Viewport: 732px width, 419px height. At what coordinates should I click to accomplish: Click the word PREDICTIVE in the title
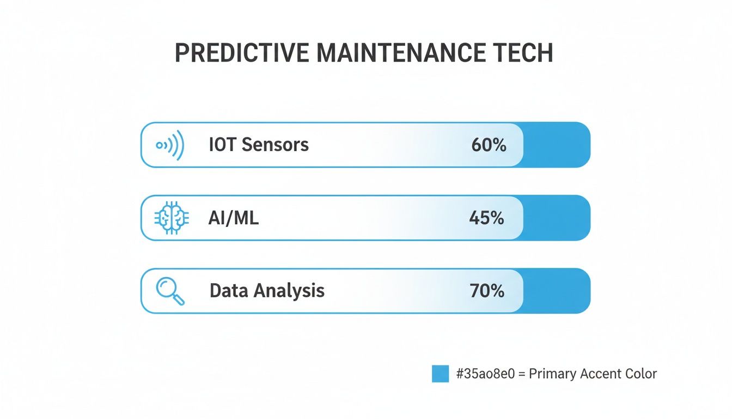[241, 53]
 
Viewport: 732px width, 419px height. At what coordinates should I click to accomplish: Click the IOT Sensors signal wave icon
[170, 145]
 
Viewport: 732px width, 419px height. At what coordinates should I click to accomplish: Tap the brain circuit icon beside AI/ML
[172, 218]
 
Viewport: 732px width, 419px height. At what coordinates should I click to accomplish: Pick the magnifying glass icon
[170, 291]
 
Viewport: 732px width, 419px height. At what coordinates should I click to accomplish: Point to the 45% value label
[486, 218]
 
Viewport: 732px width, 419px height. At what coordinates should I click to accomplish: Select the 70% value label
[487, 291]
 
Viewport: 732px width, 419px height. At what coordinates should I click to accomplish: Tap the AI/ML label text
[234, 218]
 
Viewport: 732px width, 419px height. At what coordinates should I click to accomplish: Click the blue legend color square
[440, 374]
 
